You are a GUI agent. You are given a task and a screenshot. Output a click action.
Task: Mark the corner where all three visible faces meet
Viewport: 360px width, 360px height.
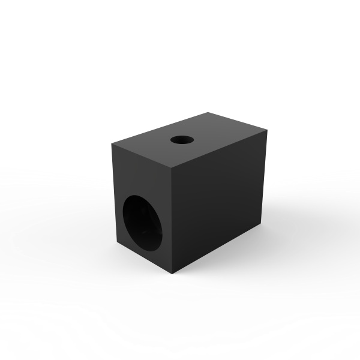172,166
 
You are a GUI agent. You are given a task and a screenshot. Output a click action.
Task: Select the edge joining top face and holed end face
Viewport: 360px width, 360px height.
142,154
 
